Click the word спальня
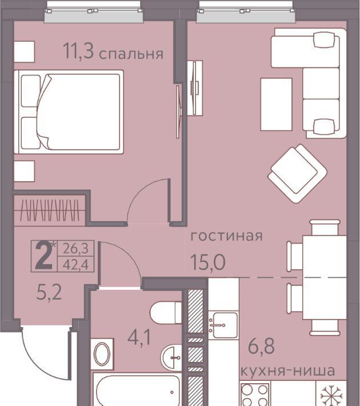131,54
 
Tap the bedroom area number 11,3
78,51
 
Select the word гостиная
226,236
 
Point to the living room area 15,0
208,262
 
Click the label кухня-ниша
288,371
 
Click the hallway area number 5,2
49,293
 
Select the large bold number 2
43,256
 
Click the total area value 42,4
76,264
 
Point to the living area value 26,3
76,249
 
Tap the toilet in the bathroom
166,313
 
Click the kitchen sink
223,325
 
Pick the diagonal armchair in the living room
297,173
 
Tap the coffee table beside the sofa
276,104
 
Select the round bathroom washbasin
171,357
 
